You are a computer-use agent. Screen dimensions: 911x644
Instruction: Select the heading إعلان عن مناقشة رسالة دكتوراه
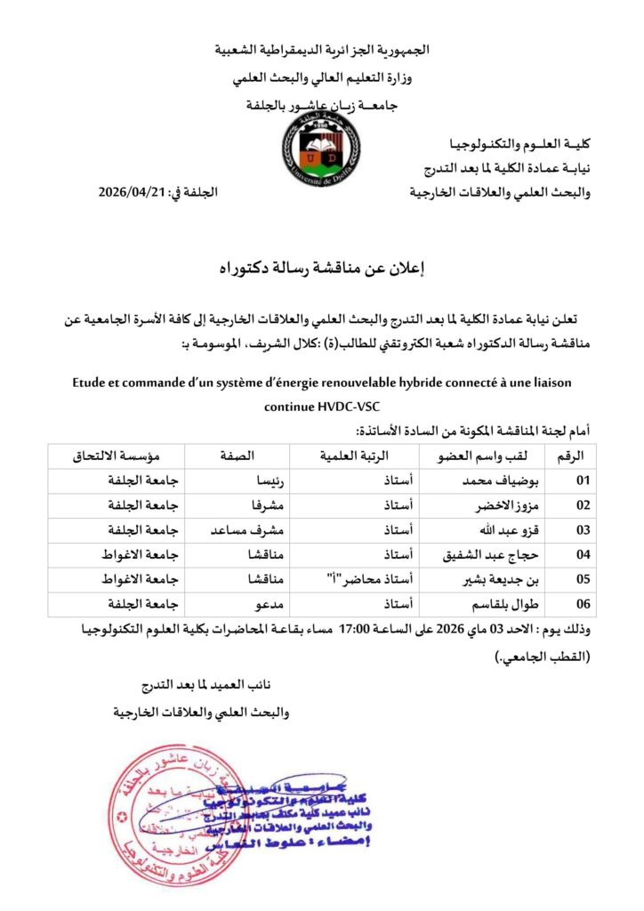tap(321, 267)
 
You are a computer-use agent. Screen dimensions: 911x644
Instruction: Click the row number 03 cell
tap(583, 531)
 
